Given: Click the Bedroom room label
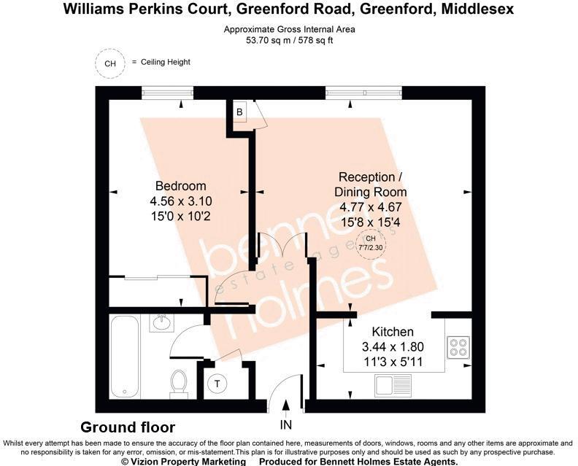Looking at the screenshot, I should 180,186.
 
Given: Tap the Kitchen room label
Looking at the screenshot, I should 393,332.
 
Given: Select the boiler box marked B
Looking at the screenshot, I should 239,112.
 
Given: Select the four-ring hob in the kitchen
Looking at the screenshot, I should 459,348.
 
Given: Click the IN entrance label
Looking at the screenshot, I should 285,424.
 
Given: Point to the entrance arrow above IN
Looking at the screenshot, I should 285,405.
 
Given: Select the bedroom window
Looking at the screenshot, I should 167,92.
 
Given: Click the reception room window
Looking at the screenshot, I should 363,92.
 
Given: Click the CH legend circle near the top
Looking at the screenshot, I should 110,63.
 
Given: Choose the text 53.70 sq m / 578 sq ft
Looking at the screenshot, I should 289,42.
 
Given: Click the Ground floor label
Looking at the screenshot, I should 128,427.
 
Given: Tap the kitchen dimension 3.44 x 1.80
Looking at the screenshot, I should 393,346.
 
